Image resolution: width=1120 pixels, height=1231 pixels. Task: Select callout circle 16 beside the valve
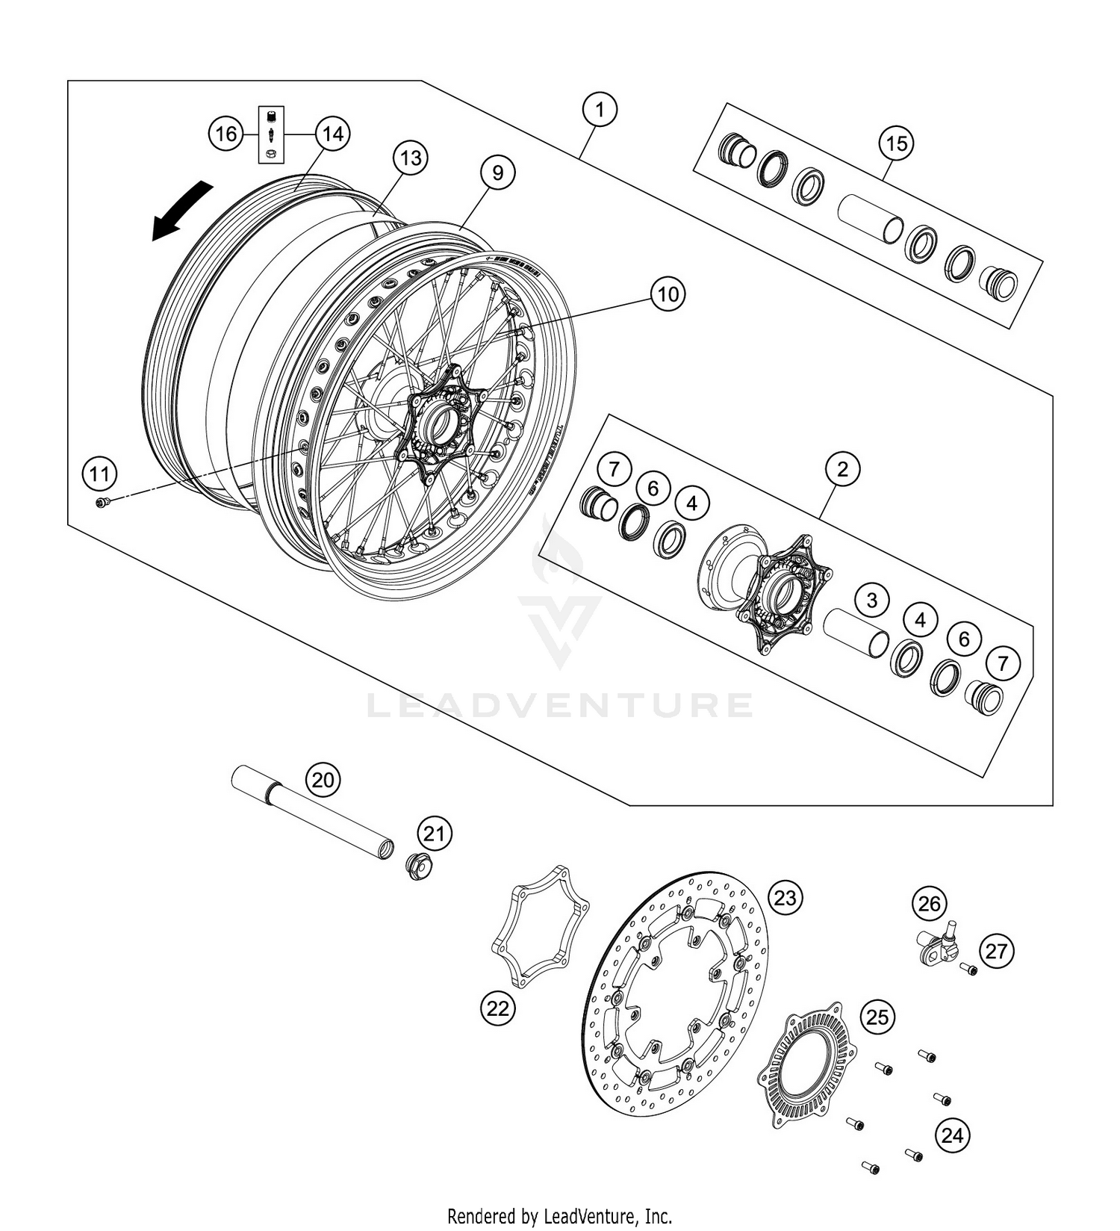pyautogui.click(x=226, y=134)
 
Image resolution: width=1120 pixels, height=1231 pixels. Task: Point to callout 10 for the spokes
pyautogui.click(x=668, y=294)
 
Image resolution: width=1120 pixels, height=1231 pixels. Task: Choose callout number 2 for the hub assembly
pyautogui.click(x=842, y=470)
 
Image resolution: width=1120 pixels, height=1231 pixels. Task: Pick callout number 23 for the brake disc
pyautogui.click(x=785, y=897)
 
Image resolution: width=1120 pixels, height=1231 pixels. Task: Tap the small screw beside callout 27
pyautogui.click(x=969, y=970)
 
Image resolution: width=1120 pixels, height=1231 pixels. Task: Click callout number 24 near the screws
pyautogui.click(x=952, y=1136)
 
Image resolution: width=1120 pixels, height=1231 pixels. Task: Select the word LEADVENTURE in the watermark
pyautogui.click(x=560, y=704)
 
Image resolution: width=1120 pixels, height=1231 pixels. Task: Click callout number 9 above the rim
pyautogui.click(x=497, y=173)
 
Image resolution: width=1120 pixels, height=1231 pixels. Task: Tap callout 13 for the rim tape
pyautogui.click(x=411, y=158)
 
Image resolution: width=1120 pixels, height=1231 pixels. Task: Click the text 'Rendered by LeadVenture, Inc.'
pyautogui.click(x=560, y=1215)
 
